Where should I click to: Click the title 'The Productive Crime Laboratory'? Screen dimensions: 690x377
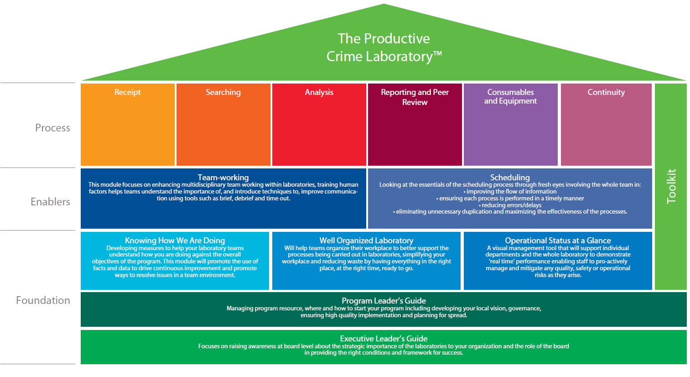pyautogui.click(x=384, y=47)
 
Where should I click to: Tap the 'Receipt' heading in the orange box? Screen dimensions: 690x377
pyautogui.click(x=128, y=92)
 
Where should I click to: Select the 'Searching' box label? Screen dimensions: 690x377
pyautogui.click(x=223, y=92)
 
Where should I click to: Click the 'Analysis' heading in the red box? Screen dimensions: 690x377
pyautogui.click(x=319, y=92)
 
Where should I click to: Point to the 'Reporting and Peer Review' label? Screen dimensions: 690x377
pyautogui.click(x=415, y=97)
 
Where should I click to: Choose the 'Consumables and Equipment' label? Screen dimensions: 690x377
pyautogui.click(x=510, y=96)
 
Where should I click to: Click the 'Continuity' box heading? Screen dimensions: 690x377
pyautogui.click(x=606, y=92)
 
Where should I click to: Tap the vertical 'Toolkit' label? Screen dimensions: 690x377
pyautogui.click(x=671, y=187)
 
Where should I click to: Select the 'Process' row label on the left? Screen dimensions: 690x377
pyautogui.click(x=53, y=128)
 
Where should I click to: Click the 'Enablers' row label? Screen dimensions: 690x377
pyautogui.click(x=50, y=202)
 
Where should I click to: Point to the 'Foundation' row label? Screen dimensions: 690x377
pyautogui.click(x=43, y=300)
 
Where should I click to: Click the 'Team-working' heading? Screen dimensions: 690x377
pyautogui.click(x=223, y=178)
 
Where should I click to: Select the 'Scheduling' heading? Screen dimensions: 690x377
pyautogui.click(x=510, y=178)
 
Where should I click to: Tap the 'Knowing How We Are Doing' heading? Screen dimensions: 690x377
pyautogui.click(x=175, y=241)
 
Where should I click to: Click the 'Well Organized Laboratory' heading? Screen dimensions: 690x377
pyautogui.click(x=366, y=241)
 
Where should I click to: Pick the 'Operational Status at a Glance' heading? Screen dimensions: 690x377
pyautogui.click(x=558, y=241)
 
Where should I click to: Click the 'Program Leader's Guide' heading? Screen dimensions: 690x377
pyautogui.click(x=384, y=301)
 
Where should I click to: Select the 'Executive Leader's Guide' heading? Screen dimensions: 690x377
pyautogui.click(x=384, y=339)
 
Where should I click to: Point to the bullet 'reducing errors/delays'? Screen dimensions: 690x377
pyautogui.click(x=510, y=205)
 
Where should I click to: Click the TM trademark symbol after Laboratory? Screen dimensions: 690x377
pyautogui.click(x=438, y=53)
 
